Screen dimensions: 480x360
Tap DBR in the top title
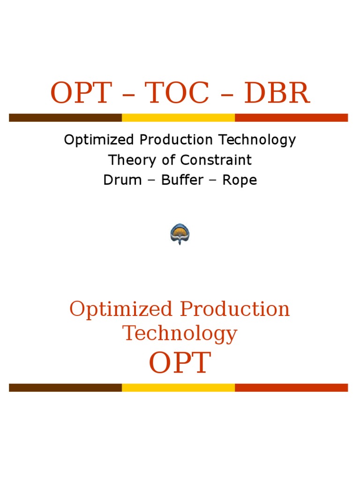(x=277, y=93)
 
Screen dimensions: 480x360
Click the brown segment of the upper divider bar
(x=65, y=118)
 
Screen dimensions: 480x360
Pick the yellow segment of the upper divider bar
(x=178, y=118)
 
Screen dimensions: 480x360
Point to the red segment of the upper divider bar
(x=291, y=118)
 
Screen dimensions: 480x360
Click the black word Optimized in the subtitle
(x=92, y=140)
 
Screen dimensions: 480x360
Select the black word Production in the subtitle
(x=169, y=140)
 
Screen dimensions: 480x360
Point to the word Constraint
(x=216, y=160)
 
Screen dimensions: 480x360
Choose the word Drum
(x=122, y=180)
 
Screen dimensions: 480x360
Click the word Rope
(x=240, y=180)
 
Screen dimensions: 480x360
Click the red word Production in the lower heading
(x=235, y=310)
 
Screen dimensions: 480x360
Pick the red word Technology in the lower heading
(x=180, y=333)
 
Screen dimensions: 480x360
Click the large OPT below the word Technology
(x=180, y=363)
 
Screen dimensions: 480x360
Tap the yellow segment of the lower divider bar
(x=178, y=388)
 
